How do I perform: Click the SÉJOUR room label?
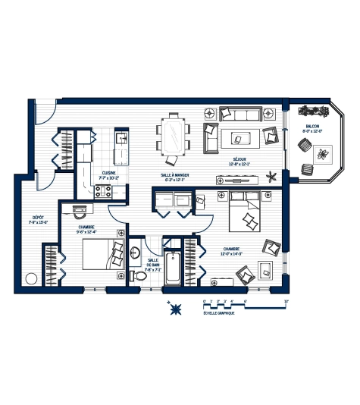tap(237, 160)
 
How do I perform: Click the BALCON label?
tap(314, 127)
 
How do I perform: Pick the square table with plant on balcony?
tap(324, 153)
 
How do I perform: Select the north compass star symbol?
tap(176, 308)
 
